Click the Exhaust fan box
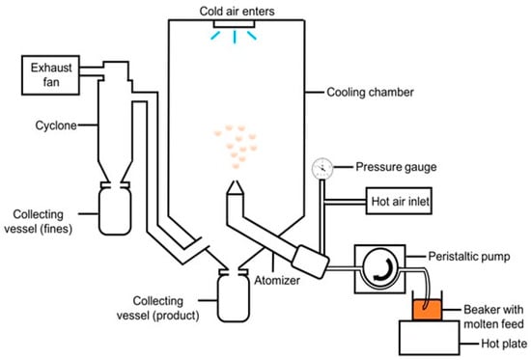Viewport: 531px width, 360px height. (x=50, y=75)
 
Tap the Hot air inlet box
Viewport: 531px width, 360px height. (x=399, y=201)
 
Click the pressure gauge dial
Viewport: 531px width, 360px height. (x=322, y=168)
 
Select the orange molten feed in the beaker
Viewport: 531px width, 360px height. (x=427, y=310)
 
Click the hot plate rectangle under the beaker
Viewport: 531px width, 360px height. (x=430, y=337)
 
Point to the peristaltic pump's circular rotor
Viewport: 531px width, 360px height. (x=380, y=269)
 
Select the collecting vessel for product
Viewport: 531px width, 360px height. (x=234, y=295)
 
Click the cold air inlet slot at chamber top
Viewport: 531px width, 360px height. (x=234, y=24)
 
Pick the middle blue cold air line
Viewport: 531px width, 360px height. (x=234, y=37)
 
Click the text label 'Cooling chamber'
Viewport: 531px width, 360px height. (x=370, y=92)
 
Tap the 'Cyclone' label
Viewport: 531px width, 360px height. (x=56, y=125)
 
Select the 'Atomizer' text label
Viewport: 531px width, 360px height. (x=277, y=281)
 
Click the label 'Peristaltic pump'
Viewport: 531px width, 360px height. (x=469, y=257)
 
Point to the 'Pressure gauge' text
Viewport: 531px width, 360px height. (x=396, y=167)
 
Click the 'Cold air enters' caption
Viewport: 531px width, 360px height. (x=238, y=12)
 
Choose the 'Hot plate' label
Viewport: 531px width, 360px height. (x=504, y=344)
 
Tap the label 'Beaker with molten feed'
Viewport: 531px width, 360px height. (x=493, y=317)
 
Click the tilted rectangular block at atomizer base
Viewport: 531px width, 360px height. (x=310, y=262)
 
